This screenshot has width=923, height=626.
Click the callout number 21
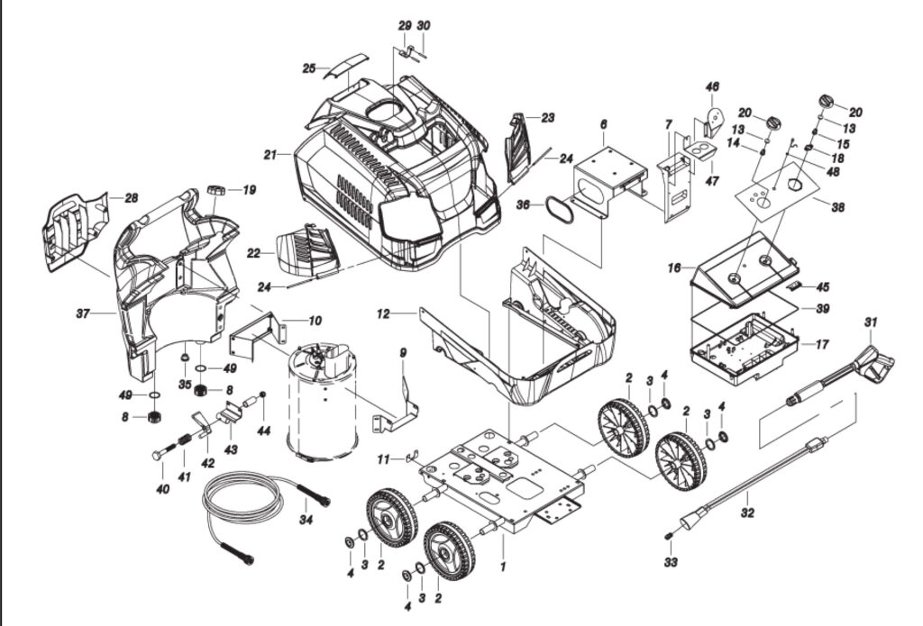pyautogui.click(x=269, y=155)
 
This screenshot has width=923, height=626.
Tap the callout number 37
pyautogui.click(x=83, y=313)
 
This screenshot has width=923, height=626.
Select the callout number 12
pyautogui.click(x=383, y=313)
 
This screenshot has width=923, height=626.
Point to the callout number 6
pyautogui.click(x=603, y=123)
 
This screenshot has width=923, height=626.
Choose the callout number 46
pyautogui.click(x=712, y=86)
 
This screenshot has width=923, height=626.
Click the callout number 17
pyautogui.click(x=821, y=343)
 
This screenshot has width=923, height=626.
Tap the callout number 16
pyautogui.click(x=673, y=268)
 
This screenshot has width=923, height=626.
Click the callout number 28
pyautogui.click(x=131, y=197)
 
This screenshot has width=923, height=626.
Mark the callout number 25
pyautogui.click(x=308, y=68)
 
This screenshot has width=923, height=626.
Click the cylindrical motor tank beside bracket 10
pyautogui.click(x=321, y=401)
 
